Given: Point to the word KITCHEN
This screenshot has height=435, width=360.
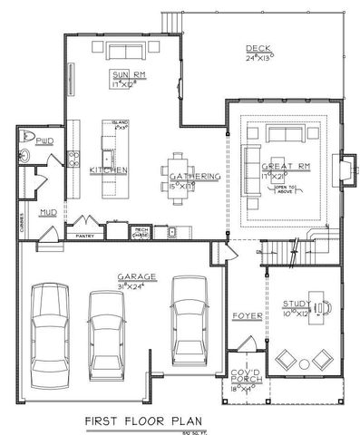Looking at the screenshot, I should (107, 169).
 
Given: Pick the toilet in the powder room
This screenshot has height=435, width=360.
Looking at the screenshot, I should (24, 156).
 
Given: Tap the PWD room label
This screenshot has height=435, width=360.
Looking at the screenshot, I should (44, 142).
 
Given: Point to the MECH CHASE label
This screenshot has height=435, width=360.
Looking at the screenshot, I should (141, 232).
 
